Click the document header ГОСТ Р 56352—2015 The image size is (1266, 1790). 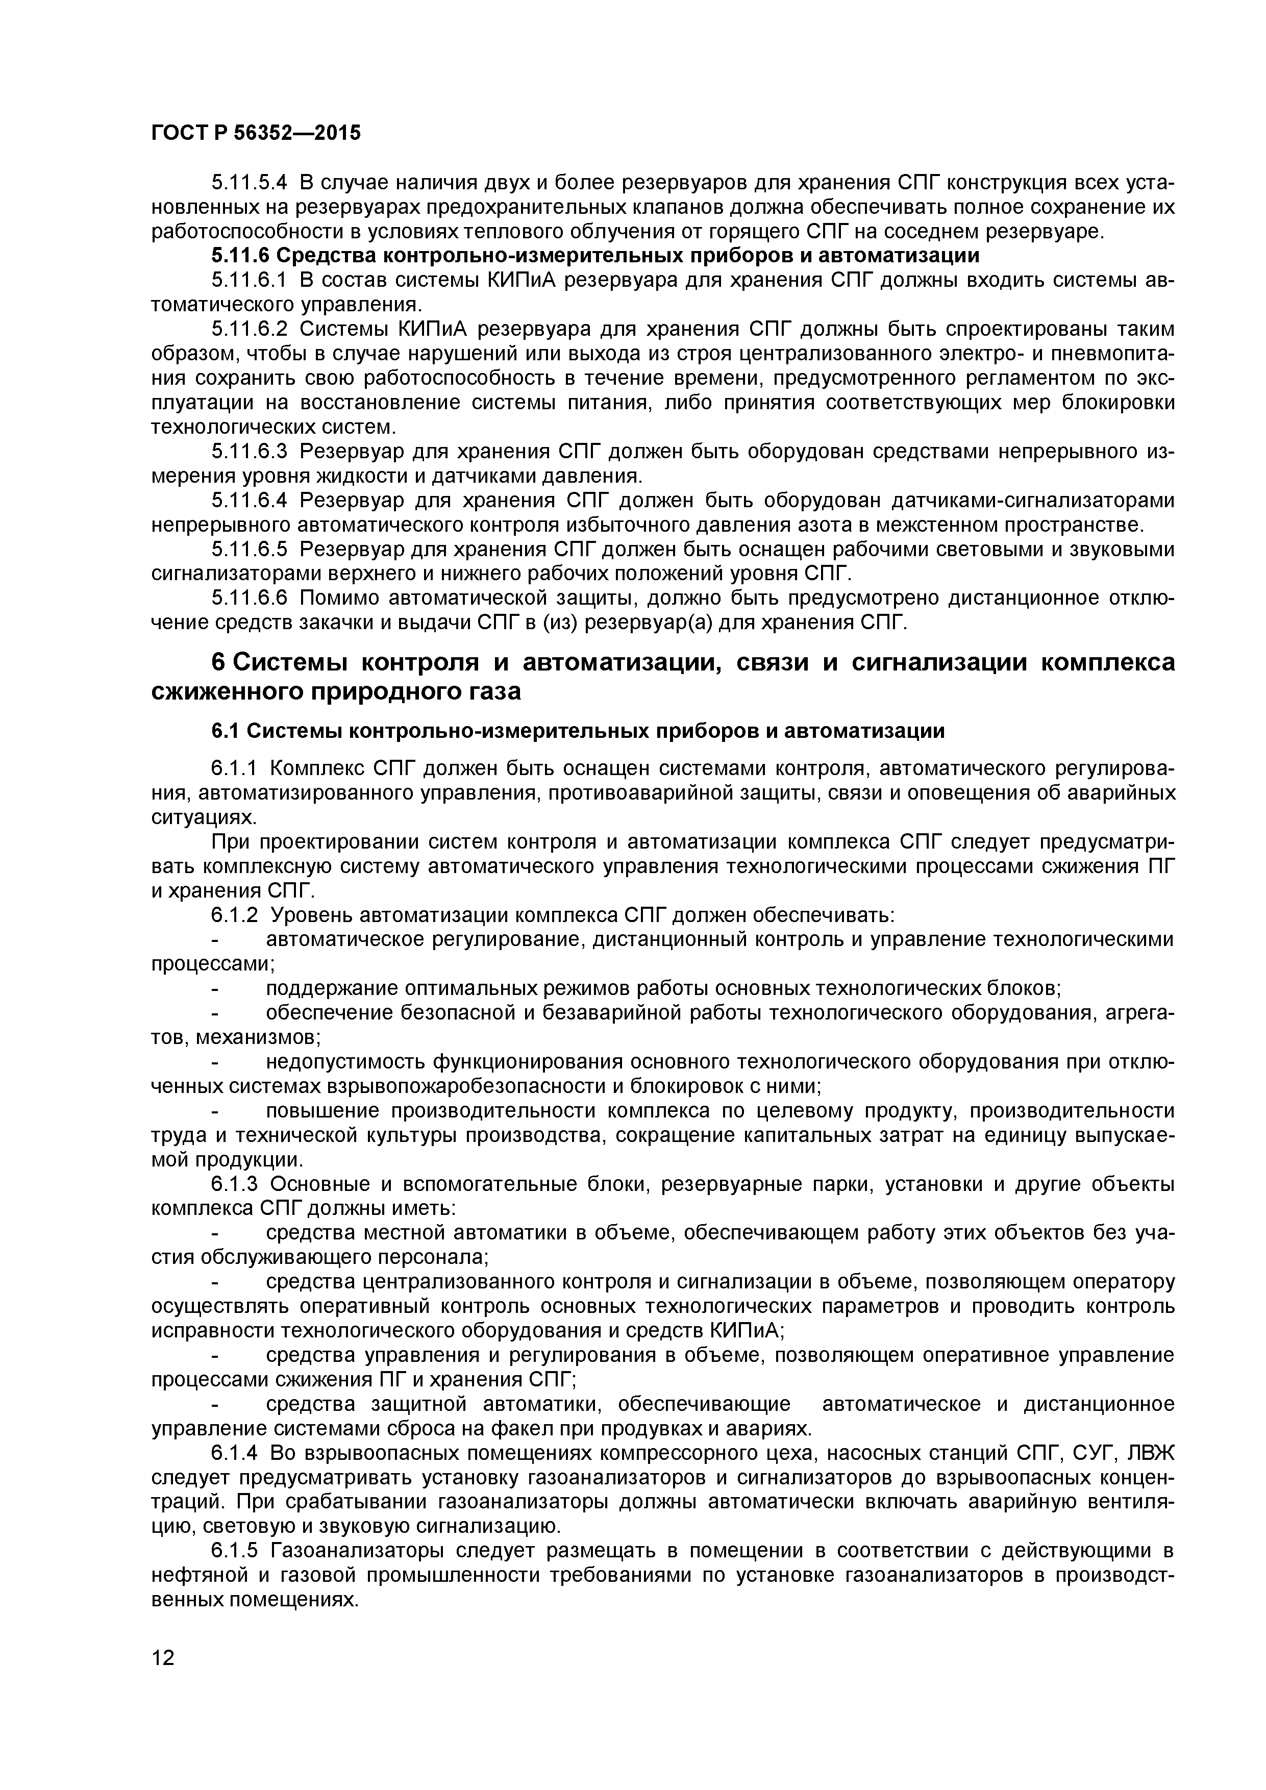(256, 133)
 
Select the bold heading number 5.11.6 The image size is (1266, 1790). (240, 255)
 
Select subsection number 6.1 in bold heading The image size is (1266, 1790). (226, 731)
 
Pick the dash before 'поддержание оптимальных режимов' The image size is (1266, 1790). (217, 989)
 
